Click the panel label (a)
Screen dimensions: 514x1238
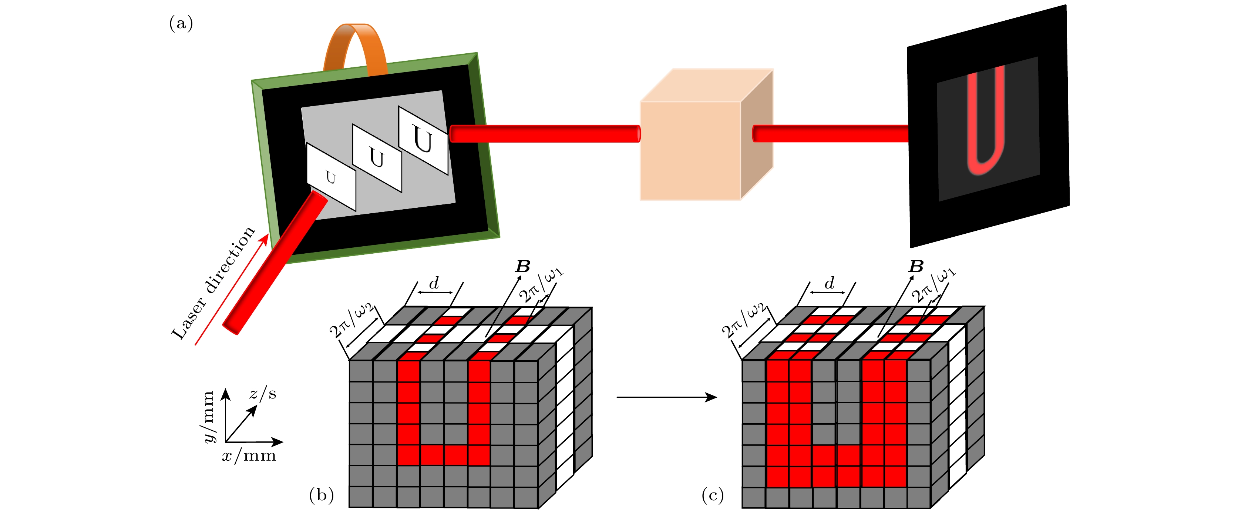tap(181, 23)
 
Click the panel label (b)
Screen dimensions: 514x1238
tap(321, 495)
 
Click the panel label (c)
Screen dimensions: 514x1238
tap(712, 495)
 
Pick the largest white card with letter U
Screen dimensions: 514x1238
tap(423, 140)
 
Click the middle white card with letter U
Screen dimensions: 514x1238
tap(377, 158)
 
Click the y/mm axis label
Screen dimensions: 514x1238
tap(208, 416)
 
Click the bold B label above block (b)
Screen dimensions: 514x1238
tap(522, 266)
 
